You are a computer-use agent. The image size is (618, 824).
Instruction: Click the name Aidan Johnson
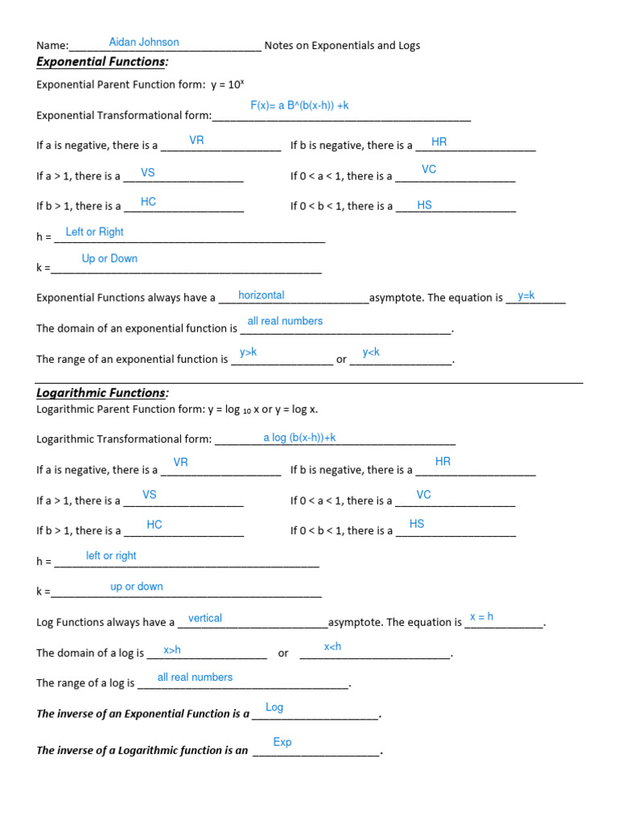point(144,42)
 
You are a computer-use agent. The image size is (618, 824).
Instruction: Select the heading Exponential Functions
point(102,63)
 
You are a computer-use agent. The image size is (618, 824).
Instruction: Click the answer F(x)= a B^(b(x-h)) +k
point(299,105)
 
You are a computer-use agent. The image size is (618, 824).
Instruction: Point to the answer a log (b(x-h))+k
point(299,437)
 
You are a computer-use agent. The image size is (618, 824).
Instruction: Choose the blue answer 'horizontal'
point(262,295)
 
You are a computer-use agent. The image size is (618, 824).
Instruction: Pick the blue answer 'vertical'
point(205,618)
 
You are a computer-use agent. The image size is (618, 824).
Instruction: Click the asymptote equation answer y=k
point(526,295)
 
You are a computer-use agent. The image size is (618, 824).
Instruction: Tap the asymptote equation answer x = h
point(481,616)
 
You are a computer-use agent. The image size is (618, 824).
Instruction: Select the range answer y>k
point(248,352)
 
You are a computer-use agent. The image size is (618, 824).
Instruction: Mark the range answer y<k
point(371,352)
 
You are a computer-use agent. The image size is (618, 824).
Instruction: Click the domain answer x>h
point(172,649)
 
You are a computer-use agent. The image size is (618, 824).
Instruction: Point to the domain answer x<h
point(332,647)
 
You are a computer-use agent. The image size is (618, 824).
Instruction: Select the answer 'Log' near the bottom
point(274,707)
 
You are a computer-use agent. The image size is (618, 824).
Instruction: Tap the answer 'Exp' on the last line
point(282,742)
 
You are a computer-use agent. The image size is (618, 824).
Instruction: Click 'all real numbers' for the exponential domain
point(285,321)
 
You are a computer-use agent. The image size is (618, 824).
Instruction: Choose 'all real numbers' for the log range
point(195,678)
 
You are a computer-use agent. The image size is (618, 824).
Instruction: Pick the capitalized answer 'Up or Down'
point(109,258)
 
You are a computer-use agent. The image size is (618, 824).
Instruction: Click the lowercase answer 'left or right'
point(111,556)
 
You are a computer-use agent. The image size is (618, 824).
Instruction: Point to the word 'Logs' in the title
point(408,46)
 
